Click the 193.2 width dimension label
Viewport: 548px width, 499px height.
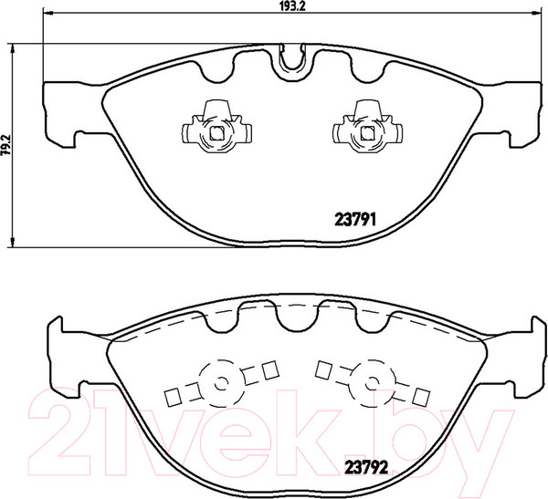click(290, 7)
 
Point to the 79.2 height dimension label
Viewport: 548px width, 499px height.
click(5, 145)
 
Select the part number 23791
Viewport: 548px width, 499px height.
click(353, 219)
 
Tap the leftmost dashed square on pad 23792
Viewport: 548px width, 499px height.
click(169, 397)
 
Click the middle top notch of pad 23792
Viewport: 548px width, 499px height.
click(292, 316)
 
